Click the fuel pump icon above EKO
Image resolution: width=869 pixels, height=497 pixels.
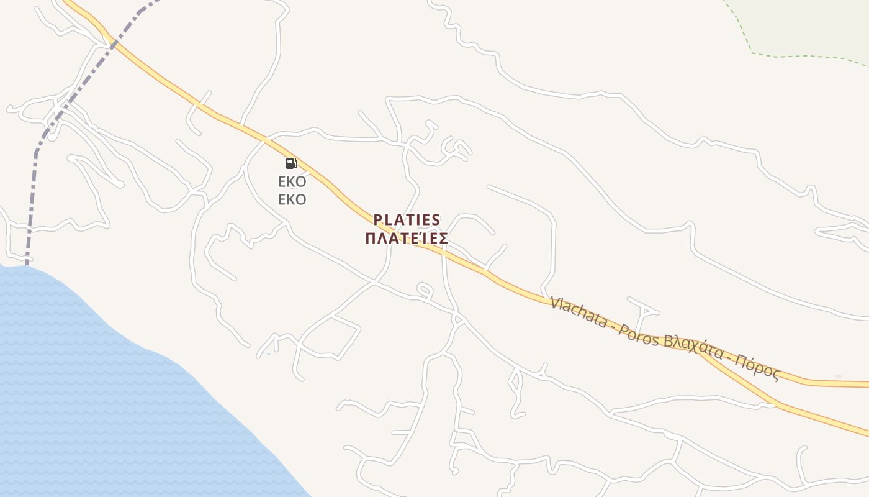291,163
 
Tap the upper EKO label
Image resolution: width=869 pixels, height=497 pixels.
292,182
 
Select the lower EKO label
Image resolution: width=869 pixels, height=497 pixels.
292,200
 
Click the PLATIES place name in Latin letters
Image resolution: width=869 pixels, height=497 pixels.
407,220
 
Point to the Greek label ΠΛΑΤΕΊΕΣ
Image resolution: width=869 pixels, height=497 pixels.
407,239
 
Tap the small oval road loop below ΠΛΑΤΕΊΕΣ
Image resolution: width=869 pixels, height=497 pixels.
424,290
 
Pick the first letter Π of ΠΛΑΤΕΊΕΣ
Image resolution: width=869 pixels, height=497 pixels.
371,239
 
